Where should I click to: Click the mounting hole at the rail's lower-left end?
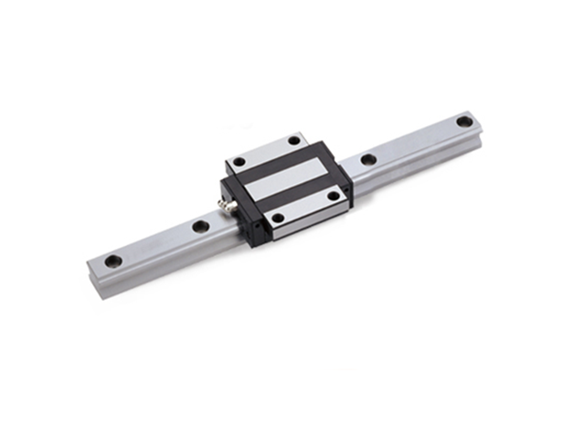(x=113, y=261)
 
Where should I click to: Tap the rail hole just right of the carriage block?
(x=368, y=159)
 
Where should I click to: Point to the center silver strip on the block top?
(x=287, y=179)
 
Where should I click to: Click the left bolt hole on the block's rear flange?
(x=239, y=162)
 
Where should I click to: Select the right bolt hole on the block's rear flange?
(x=294, y=140)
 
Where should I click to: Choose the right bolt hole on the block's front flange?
(x=335, y=195)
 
